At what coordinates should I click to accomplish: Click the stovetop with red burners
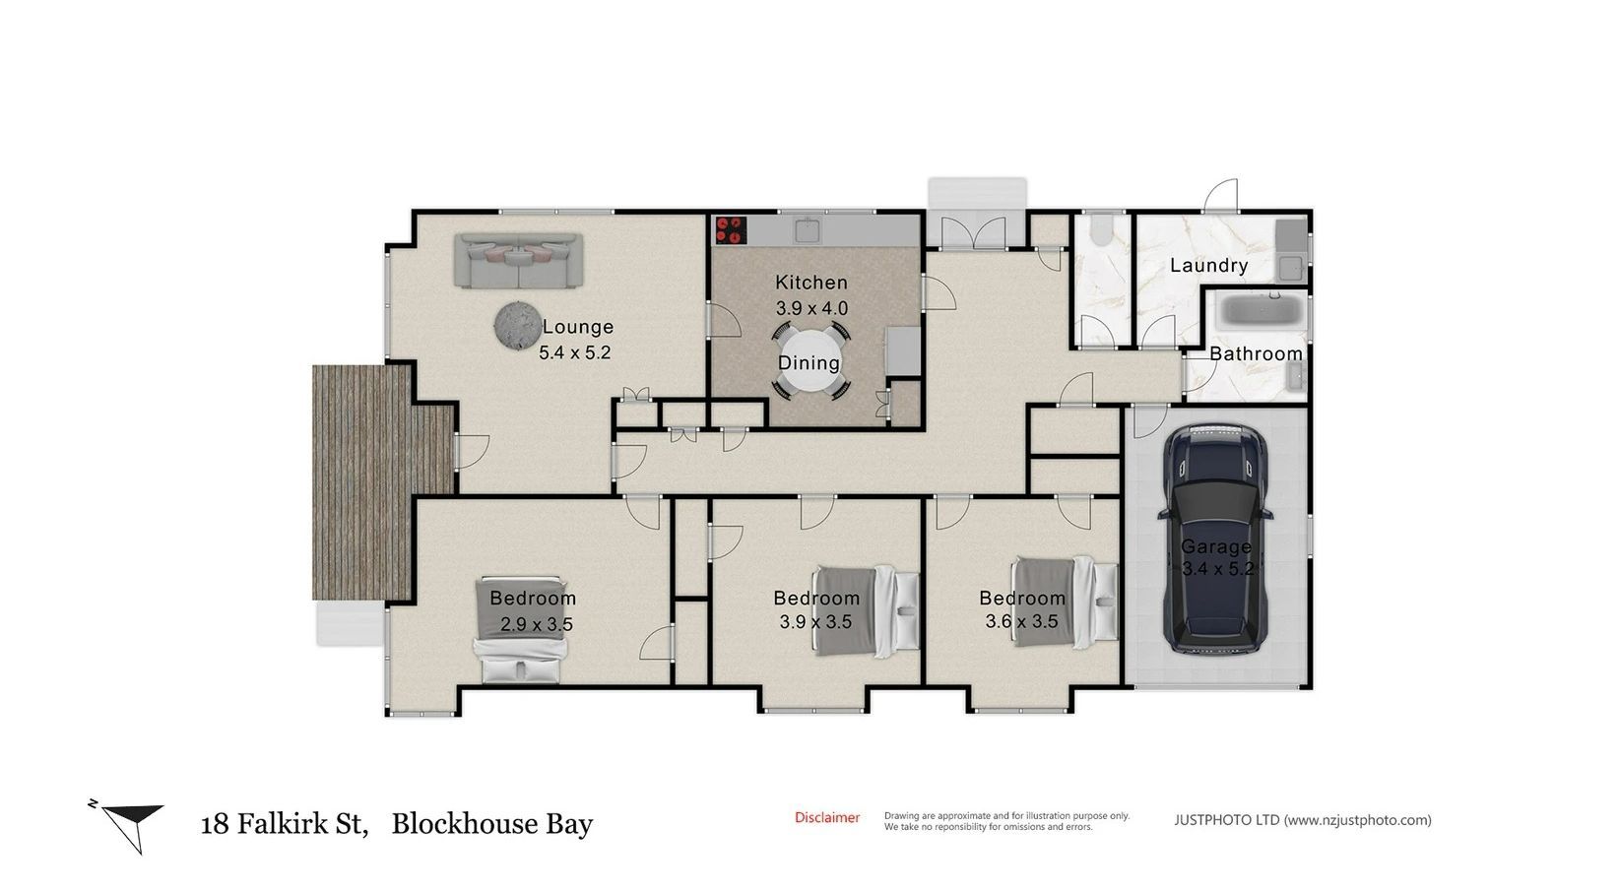[730, 229]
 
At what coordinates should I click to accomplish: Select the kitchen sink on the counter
[807, 230]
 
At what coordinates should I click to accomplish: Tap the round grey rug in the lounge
[518, 326]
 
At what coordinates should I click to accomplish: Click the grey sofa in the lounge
[518, 260]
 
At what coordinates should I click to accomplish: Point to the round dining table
[810, 360]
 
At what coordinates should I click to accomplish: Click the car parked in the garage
[1215, 540]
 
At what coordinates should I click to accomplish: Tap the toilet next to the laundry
[1101, 228]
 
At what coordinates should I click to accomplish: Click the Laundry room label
[1208, 265]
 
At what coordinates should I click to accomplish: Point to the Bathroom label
[1256, 353]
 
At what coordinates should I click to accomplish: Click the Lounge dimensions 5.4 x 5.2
[574, 352]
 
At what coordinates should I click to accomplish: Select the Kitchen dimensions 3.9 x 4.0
[811, 308]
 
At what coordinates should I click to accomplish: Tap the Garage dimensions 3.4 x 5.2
[1218, 568]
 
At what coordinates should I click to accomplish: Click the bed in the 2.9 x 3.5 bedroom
[520, 630]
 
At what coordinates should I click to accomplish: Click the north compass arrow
[132, 826]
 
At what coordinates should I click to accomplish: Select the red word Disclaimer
[827, 818]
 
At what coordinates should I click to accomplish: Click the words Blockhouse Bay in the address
[492, 823]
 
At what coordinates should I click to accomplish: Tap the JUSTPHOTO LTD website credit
[1303, 820]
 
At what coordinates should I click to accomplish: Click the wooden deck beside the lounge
[361, 481]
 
